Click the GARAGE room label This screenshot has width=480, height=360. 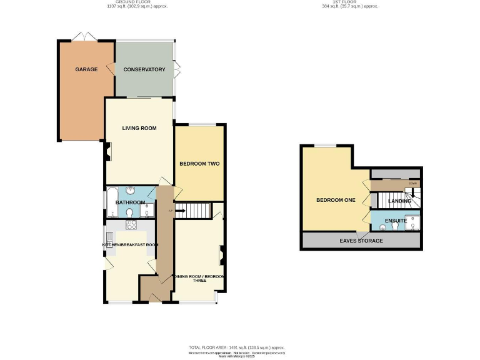pos(86,69)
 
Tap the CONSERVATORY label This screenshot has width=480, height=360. pos(144,69)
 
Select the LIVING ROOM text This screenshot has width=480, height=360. pos(139,128)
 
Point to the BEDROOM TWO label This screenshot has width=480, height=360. pos(199,164)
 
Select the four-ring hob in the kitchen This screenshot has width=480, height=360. pos(131,226)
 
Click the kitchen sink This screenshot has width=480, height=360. pos(109,238)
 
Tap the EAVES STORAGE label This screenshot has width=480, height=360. pos(361,240)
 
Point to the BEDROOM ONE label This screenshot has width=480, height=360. pos(336,200)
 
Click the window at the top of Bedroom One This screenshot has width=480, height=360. pos(324,146)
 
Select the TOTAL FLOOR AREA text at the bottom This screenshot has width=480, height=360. pos(237,347)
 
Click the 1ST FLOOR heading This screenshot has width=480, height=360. pos(350,2)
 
